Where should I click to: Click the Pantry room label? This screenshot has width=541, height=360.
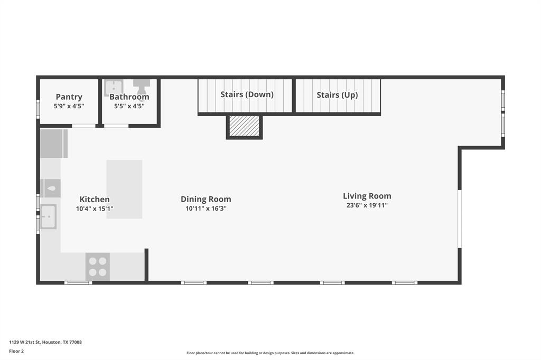69,97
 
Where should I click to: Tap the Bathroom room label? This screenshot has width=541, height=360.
129,97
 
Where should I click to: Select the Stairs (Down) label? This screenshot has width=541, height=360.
247,94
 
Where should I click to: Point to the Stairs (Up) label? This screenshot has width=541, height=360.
337,95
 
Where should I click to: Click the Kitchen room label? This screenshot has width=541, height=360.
95,200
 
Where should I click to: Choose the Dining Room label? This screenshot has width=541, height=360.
206,200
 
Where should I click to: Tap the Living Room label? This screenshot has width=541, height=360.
367,196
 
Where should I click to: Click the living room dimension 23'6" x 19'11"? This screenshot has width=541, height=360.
367,205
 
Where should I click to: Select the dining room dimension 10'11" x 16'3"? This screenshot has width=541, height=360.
206,209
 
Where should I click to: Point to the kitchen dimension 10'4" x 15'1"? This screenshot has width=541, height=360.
95,209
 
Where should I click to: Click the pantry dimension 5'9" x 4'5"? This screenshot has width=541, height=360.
69,106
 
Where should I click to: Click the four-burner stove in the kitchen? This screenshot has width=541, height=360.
98,267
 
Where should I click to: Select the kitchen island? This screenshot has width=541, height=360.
124,189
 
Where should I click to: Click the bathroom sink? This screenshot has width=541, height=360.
114,87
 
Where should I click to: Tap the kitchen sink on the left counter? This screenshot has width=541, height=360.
49,217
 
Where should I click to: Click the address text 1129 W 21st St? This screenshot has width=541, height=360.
25,342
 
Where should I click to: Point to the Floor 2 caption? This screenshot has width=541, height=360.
16,351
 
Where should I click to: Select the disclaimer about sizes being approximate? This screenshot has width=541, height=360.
270,353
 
